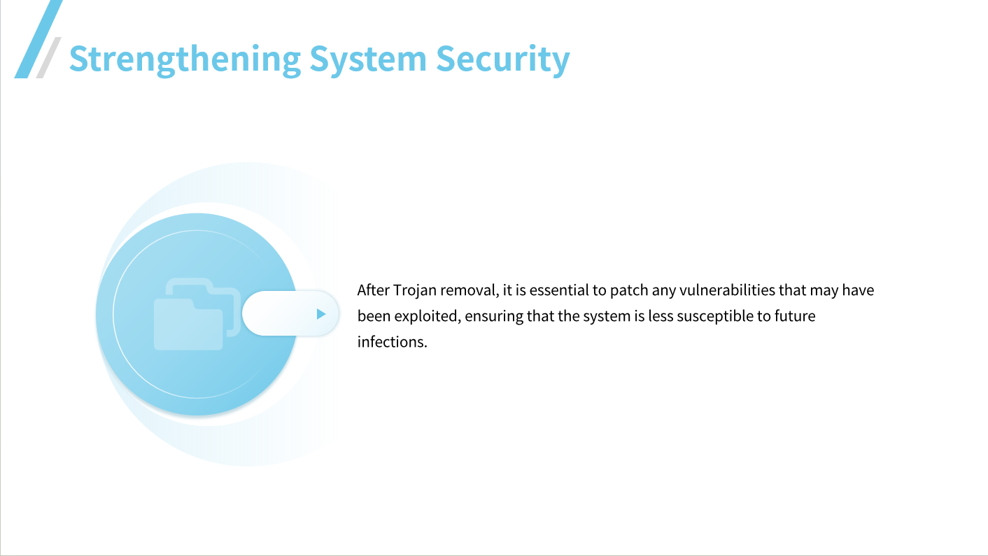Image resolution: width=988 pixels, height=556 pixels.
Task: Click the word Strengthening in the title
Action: point(185,59)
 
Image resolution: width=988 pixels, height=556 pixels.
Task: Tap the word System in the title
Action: point(368,59)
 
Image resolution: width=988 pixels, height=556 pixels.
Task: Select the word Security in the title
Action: point(503,59)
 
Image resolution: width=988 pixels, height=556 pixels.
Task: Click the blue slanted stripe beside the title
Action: point(38,38)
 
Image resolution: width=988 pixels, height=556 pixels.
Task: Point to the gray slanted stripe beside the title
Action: point(48,58)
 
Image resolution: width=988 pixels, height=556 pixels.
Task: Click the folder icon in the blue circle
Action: point(197,314)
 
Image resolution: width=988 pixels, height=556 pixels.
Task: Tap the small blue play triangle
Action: point(321,314)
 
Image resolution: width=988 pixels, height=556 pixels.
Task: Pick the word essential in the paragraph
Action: point(559,290)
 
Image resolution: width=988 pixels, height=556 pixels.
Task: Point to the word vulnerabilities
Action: point(727,290)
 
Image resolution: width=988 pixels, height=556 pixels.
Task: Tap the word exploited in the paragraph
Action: point(425,316)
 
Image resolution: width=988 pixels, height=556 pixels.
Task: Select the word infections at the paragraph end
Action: point(392,342)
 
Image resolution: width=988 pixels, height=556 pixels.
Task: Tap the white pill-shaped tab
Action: point(290,313)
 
